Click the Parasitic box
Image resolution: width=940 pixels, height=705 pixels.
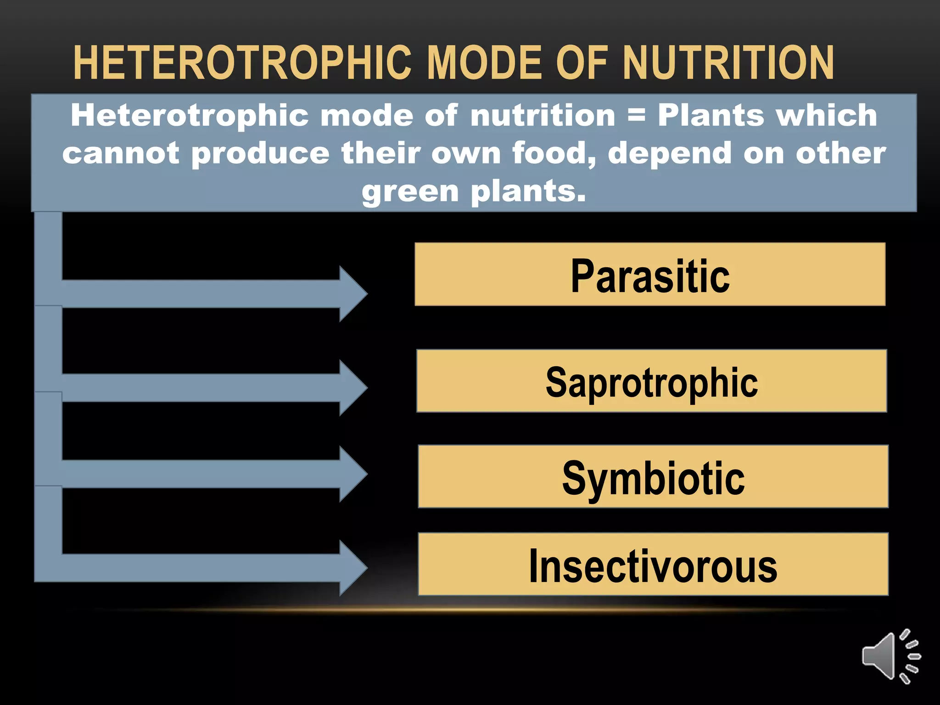pos(649,274)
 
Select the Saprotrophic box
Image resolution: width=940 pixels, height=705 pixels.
pos(651,381)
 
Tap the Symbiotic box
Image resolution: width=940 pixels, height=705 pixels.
pos(653,476)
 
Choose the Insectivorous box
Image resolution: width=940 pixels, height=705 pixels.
pos(653,564)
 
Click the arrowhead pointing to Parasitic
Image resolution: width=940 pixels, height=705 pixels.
pos(352,294)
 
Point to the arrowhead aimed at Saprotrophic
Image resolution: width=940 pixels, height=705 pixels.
pos(352,388)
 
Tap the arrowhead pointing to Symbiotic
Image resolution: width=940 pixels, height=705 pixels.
pos(352,474)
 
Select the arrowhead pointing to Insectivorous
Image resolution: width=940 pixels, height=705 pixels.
pos(352,568)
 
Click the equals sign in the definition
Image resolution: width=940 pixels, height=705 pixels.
pos(636,115)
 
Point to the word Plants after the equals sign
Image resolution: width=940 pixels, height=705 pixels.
pos(710,115)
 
